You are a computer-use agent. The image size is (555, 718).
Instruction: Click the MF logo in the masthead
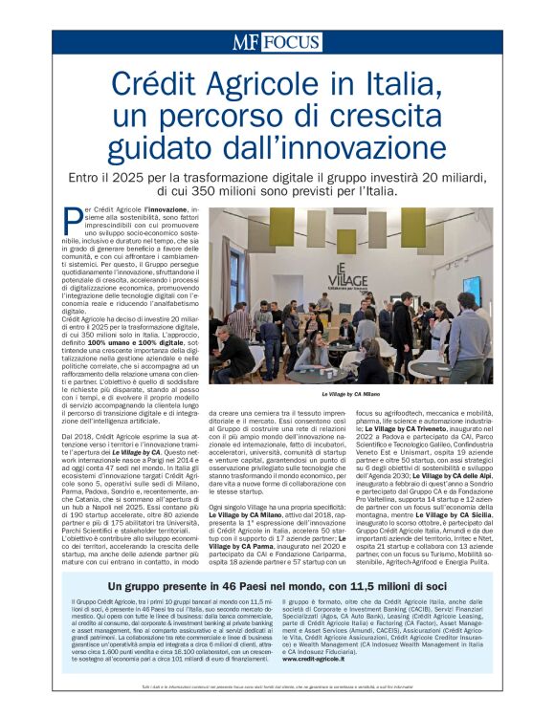coord(247,42)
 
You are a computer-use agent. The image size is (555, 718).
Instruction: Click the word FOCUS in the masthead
coord(291,43)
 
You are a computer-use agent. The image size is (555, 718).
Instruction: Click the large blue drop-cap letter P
coord(71,221)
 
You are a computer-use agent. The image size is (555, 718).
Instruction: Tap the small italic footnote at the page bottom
coord(277,687)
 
